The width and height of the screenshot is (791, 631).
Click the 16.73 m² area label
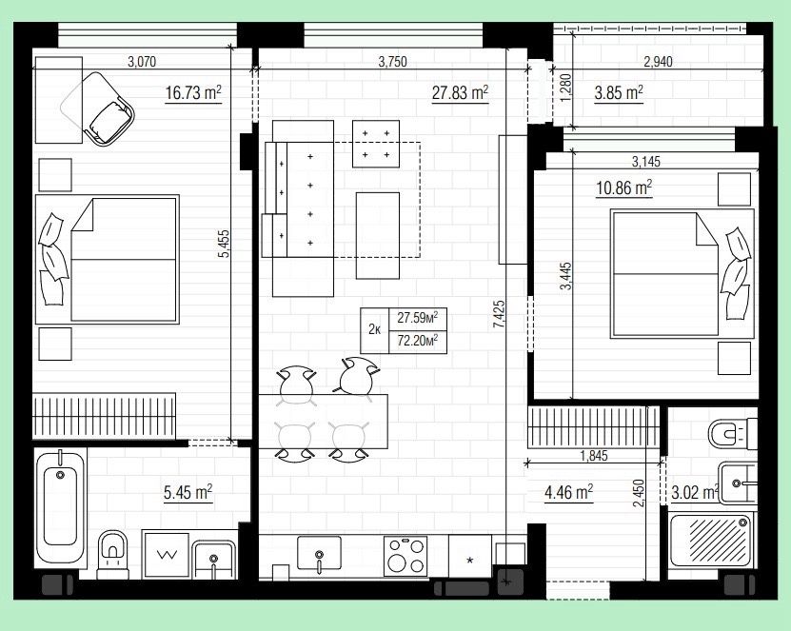click(x=194, y=93)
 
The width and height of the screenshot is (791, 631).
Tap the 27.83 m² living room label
click(x=460, y=93)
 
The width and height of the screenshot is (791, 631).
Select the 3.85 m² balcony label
click(x=619, y=93)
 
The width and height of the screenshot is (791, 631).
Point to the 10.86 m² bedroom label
click(x=624, y=188)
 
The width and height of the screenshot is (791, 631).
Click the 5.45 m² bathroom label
click(x=188, y=492)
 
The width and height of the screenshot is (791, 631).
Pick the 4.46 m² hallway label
click(x=568, y=492)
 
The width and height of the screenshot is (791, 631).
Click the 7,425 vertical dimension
click(x=499, y=315)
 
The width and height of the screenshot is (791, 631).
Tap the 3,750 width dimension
click(x=392, y=62)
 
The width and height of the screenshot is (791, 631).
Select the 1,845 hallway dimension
click(x=594, y=456)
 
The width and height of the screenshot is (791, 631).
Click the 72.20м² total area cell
click(x=417, y=341)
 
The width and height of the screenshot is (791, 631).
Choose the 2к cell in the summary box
click(x=374, y=330)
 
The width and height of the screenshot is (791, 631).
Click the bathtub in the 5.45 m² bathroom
click(x=60, y=507)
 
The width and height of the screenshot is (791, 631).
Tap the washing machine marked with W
click(x=167, y=555)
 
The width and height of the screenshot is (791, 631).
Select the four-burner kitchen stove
click(x=405, y=556)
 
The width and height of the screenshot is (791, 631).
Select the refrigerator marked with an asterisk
click(x=470, y=556)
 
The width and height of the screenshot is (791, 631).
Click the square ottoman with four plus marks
click(x=376, y=144)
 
